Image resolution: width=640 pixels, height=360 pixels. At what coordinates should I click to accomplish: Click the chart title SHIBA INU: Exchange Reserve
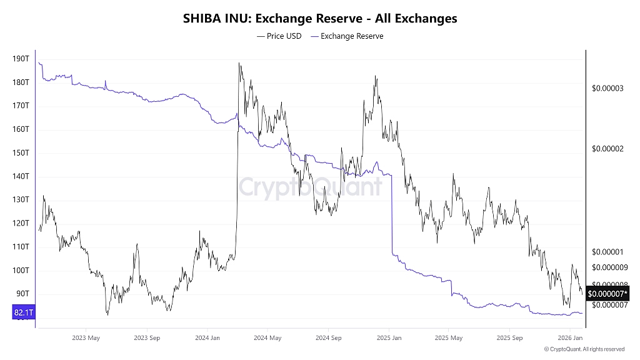click(319, 19)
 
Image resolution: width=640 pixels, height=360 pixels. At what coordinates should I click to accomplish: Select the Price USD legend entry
click(279, 36)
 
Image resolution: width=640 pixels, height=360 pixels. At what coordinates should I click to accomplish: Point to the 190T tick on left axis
click(21, 59)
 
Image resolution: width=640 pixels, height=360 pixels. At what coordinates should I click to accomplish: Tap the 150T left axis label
click(21, 152)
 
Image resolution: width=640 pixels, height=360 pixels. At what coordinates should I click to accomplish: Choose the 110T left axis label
click(21, 247)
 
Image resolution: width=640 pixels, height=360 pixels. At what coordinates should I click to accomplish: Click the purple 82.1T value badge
click(23, 312)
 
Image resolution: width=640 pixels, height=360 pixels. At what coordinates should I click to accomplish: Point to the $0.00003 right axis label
click(607, 88)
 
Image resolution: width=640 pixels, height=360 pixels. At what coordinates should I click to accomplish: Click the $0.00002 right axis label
click(607, 149)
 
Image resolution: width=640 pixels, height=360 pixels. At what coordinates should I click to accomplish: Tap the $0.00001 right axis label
click(607, 252)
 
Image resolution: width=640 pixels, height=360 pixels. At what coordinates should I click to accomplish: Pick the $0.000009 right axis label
click(609, 267)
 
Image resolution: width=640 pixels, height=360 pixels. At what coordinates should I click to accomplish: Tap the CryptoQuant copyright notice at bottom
click(584, 349)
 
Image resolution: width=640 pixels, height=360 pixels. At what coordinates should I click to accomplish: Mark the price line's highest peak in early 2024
click(239, 63)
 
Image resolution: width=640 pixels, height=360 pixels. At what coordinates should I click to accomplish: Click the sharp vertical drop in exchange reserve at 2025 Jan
click(391, 212)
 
